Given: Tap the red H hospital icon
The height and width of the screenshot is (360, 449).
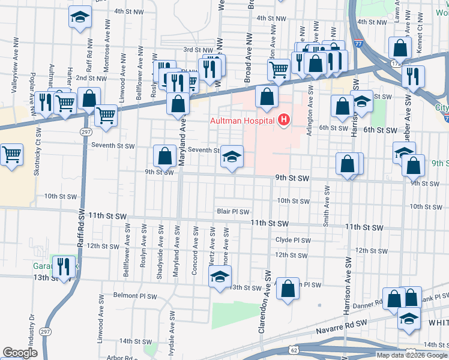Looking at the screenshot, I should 285,121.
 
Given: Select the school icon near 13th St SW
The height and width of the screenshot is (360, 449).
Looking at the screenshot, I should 220,277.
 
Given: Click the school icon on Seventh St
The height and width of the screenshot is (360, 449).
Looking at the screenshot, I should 232,157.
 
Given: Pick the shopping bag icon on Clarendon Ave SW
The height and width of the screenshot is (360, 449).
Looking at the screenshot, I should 289,289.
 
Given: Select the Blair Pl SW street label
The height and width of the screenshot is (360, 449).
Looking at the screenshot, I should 233,211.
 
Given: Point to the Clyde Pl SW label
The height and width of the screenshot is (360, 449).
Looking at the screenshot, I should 292,240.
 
